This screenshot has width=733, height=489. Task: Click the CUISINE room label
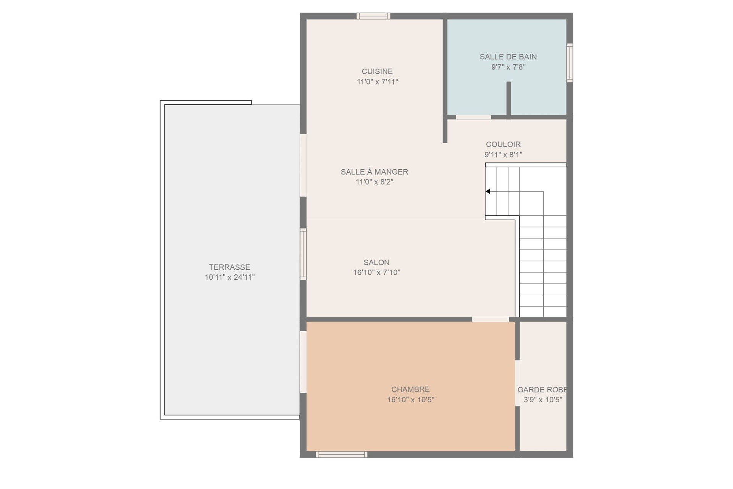(x=377, y=71)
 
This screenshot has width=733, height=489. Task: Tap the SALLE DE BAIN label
(x=508, y=57)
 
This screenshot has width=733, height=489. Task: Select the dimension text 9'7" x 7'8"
(x=508, y=67)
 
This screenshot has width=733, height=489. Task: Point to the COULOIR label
(x=503, y=144)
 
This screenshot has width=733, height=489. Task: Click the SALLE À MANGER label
(x=375, y=172)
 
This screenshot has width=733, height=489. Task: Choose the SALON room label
(x=376, y=262)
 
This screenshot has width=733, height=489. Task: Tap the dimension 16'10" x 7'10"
(x=376, y=272)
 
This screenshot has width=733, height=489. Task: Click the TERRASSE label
(x=229, y=267)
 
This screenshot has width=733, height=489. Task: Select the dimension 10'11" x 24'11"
(x=229, y=277)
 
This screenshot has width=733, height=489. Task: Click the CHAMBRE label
(x=410, y=389)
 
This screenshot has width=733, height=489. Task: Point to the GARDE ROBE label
(x=542, y=390)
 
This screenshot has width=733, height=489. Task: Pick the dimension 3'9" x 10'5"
(x=543, y=400)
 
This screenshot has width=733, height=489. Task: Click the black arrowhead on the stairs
(x=488, y=191)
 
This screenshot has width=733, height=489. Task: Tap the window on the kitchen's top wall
(x=373, y=16)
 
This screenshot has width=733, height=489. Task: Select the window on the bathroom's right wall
(x=570, y=63)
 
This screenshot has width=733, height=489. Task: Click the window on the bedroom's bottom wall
(x=341, y=454)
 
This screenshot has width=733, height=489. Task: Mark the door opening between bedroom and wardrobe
(x=518, y=383)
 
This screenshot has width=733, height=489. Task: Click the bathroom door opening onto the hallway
(x=473, y=117)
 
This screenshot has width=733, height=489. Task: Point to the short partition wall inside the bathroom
(x=509, y=98)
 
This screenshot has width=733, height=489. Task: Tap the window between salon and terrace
(x=303, y=254)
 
